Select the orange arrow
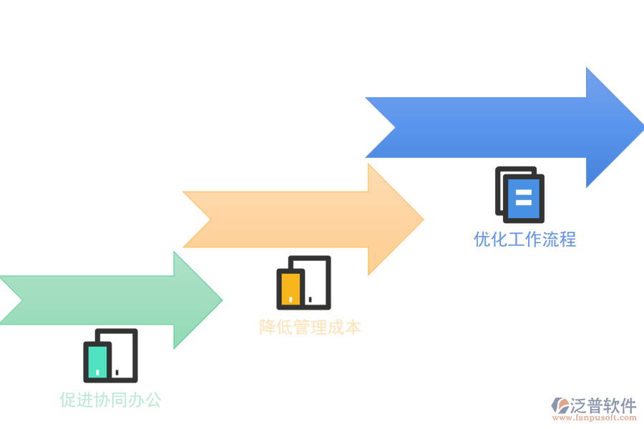[x=301, y=220]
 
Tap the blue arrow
[x=501, y=127]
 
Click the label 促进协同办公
[x=110, y=400]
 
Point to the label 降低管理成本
[x=310, y=327]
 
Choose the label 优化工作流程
[x=525, y=239]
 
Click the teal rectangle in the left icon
[x=97, y=361]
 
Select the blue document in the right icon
[x=523, y=198]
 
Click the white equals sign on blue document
[x=523, y=198]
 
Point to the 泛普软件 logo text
[x=603, y=406]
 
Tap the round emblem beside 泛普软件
[x=560, y=405]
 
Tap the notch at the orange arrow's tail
[x=210, y=220]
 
